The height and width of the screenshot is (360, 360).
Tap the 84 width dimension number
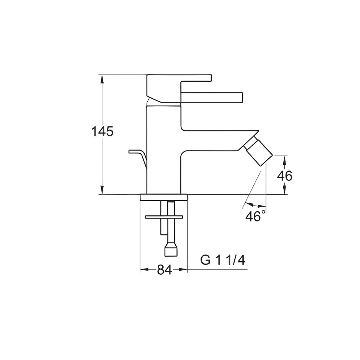[164, 270]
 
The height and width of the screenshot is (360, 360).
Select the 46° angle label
[255, 216]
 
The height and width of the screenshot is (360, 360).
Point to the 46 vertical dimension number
[284, 176]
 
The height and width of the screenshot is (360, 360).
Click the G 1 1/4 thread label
[223, 260]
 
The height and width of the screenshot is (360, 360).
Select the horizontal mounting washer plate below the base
[164, 217]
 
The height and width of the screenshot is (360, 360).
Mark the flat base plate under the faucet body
[164, 197]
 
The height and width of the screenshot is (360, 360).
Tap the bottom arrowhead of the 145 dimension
[102, 191]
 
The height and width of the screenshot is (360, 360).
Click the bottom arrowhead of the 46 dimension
[284, 191]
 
